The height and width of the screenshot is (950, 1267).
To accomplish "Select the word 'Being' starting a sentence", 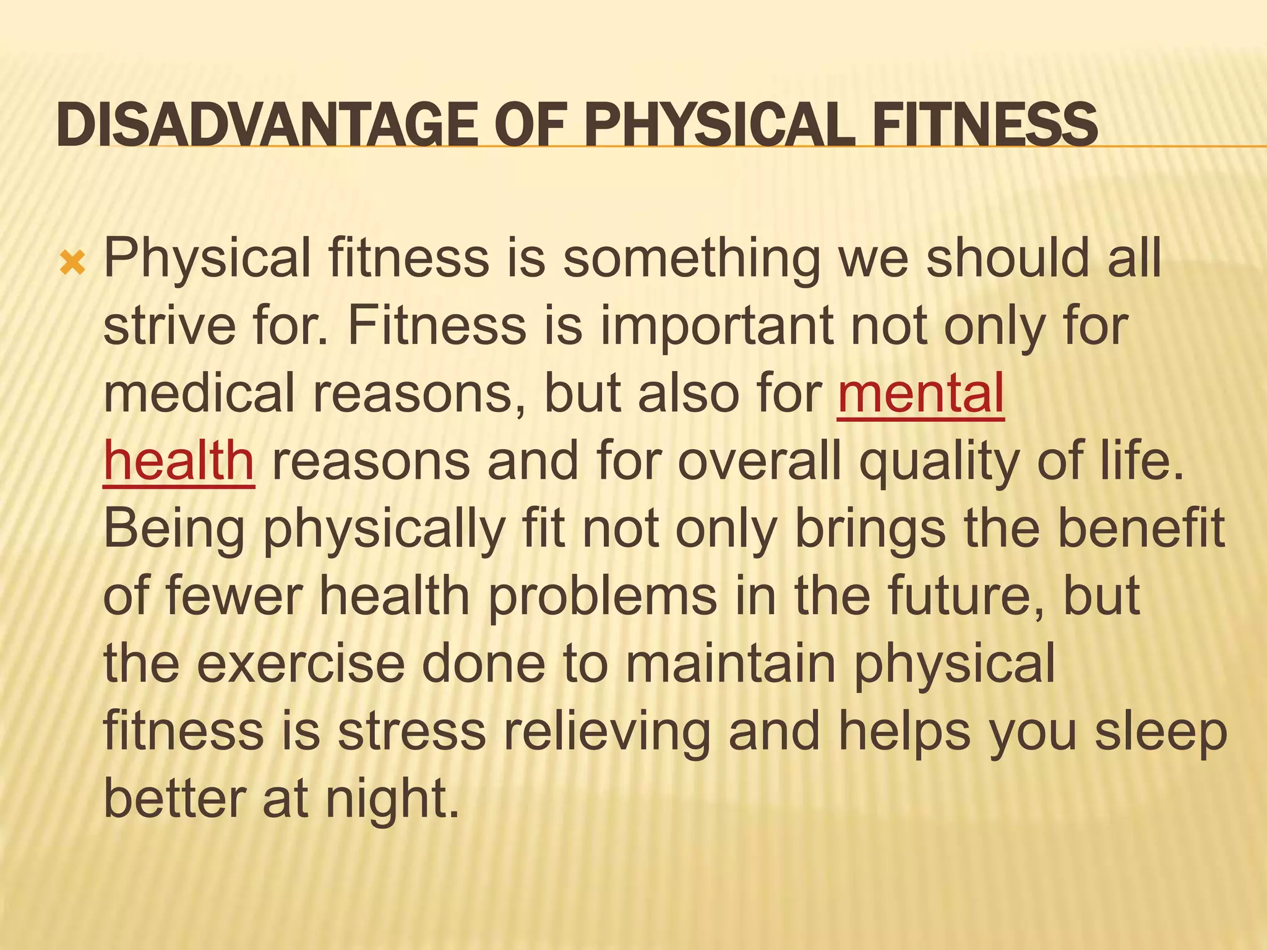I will tap(174, 531).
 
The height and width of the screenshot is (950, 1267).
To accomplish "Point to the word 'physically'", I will tap(384, 531).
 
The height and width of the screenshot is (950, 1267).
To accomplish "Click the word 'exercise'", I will tap(301, 664).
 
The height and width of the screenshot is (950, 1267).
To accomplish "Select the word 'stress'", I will tap(411, 731).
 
